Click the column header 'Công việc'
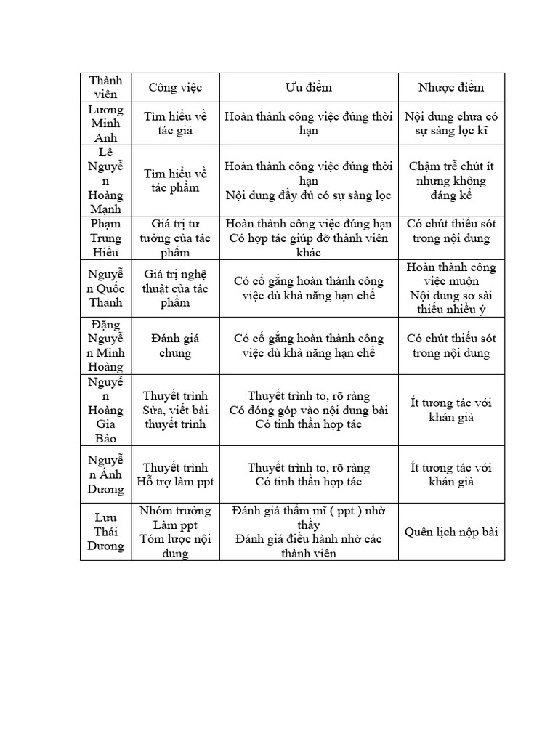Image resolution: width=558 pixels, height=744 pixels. tap(175, 87)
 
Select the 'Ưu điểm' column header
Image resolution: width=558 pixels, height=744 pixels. tap(308, 87)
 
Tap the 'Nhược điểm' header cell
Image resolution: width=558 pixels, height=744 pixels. tap(450, 87)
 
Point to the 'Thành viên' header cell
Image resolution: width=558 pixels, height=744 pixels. tap(106, 87)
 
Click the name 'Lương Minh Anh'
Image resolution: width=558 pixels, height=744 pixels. tap(106, 124)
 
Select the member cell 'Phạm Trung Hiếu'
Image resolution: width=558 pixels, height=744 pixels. tap(106, 238)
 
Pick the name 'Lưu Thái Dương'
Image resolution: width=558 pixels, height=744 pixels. tap(106, 532)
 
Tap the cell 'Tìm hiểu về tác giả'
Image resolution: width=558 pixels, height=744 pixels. tap(175, 124)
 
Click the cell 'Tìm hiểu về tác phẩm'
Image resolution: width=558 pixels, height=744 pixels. tap(175, 181)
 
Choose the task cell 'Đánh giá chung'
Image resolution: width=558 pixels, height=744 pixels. tap(175, 346)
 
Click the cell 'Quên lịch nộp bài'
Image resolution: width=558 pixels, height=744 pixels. tap(450, 532)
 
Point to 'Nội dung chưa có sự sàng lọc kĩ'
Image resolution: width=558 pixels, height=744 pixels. tap(450, 124)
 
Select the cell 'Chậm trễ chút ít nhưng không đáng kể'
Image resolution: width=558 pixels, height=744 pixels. tap(450, 181)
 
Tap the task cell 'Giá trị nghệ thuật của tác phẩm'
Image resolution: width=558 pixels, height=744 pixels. tap(175, 288)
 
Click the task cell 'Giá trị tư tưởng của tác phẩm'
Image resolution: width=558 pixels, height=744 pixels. tap(175, 238)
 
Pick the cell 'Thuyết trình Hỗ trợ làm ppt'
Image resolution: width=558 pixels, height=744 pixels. tap(175, 474)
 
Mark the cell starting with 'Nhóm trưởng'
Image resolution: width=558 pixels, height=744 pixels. tap(175, 532)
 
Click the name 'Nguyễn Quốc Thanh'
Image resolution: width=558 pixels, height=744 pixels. tap(106, 288)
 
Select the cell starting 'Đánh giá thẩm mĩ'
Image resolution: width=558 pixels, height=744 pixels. tap(308, 532)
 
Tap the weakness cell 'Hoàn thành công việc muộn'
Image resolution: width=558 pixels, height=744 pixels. tap(450, 288)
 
